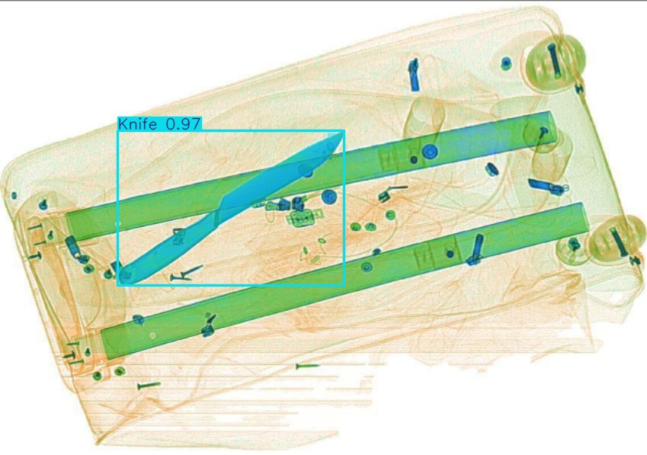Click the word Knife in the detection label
(x=137, y=123)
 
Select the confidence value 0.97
(x=183, y=123)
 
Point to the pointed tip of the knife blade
(x=341, y=133)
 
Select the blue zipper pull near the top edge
(x=415, y=75)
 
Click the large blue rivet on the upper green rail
(x=430, y=152)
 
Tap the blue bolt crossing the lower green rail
(x=476, y=249)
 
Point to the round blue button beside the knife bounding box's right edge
(x=329, y=197)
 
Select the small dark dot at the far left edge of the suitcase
(x=14, y=196)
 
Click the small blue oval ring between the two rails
(x=491, y=168)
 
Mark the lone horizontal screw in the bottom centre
(x=307, y=366)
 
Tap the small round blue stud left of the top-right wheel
(x=506, y=63)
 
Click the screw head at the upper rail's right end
(x=544, y=132)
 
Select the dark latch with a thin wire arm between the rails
(x=390, y=193)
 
